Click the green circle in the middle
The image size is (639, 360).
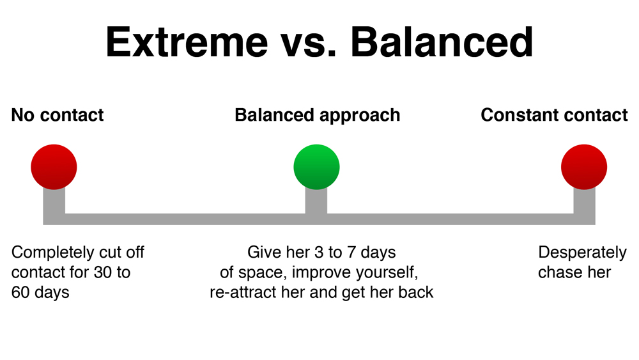[x=317, y=167]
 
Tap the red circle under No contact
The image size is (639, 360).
[x=54, y=167]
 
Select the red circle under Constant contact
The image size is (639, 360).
[x=584, y=167]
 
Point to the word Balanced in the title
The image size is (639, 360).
[x=442, y=42]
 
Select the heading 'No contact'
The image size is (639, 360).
[x=58, y=115]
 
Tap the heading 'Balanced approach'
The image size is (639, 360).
[x=318, y=116]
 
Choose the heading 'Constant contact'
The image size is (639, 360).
[x=554, y=115]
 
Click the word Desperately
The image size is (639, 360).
[x=582, y=253]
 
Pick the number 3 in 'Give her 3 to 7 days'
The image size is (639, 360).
[x=319, y=253]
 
